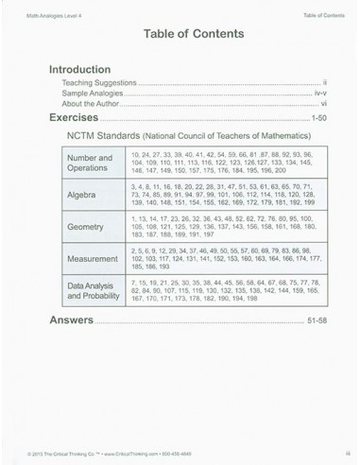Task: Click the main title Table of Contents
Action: click(180, 33)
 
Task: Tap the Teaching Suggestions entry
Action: click(94, 83)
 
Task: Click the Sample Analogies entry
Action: click(90, 94)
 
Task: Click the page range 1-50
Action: click(318, 120)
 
